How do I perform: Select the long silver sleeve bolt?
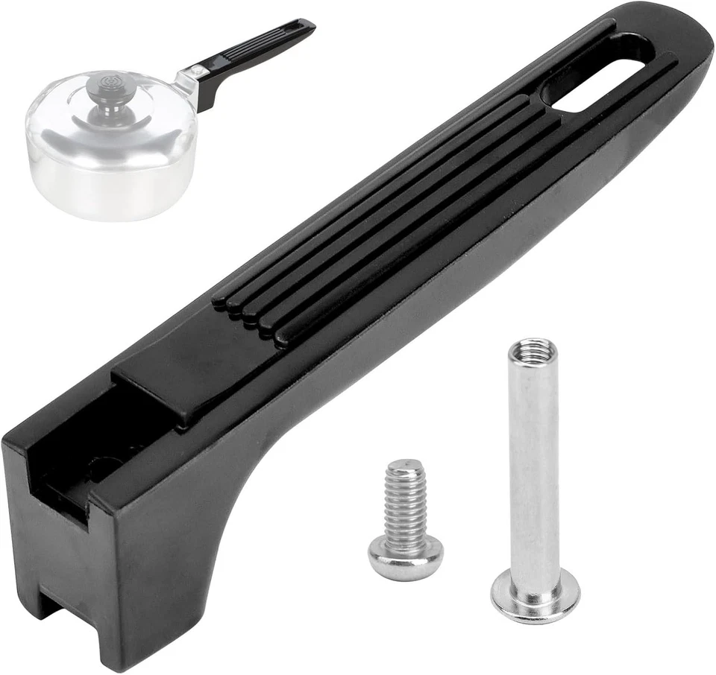tap(534, 477)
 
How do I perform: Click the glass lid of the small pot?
tap(112, 112)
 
